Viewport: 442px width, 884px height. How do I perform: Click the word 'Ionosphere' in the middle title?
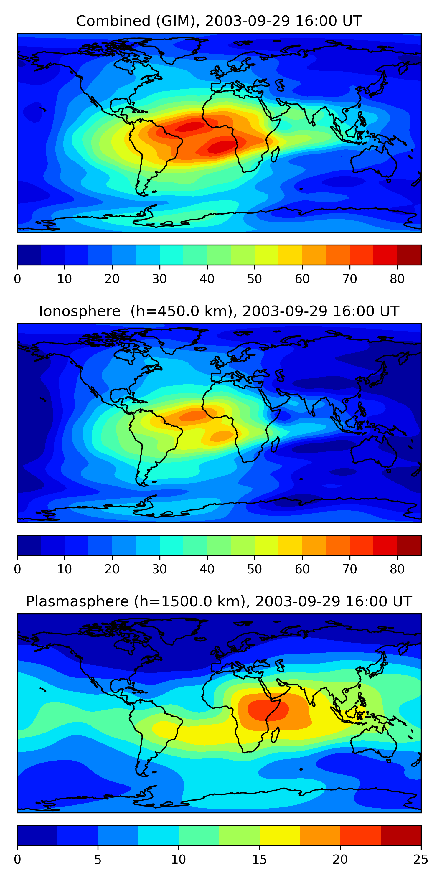tap(80, 311)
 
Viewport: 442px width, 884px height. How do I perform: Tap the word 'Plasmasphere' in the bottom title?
tap(77, 602)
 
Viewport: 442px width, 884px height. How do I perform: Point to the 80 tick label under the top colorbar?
tap(397, 279)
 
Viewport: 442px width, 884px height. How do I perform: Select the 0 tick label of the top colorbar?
tap(17, 279)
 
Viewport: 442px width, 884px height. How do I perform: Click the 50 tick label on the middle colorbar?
tap(254, 569)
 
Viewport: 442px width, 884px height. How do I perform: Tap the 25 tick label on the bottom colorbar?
tap(421, 860)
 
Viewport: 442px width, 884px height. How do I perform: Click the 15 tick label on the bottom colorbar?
tap(259, 860)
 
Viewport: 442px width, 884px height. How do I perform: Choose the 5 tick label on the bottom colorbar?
tap(98, 860)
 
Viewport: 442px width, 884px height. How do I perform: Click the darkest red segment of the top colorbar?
tap(409, 255)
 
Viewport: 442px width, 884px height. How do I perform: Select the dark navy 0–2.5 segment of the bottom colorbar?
tap(37, 835)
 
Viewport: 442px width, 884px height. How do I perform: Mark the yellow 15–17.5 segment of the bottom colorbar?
tap(280, 835)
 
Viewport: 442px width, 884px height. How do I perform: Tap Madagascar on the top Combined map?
tap(275, 154)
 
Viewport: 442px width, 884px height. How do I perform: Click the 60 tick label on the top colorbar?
tap(302, 279)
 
